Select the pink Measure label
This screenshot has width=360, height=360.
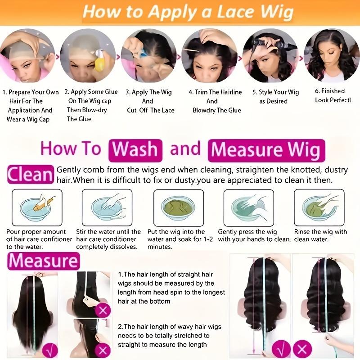coord(43,261)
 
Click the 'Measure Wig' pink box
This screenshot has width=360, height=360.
coord(265,150)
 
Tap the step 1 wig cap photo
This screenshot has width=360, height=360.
coord(28,55)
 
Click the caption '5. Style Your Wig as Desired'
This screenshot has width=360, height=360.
coord(275,97)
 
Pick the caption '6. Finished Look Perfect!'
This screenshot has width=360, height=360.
coord(333,95)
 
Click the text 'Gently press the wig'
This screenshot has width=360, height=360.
coord(248,232)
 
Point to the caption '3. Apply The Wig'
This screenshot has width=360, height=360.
coord(148,92)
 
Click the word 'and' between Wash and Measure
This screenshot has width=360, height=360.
coord(185,149)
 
